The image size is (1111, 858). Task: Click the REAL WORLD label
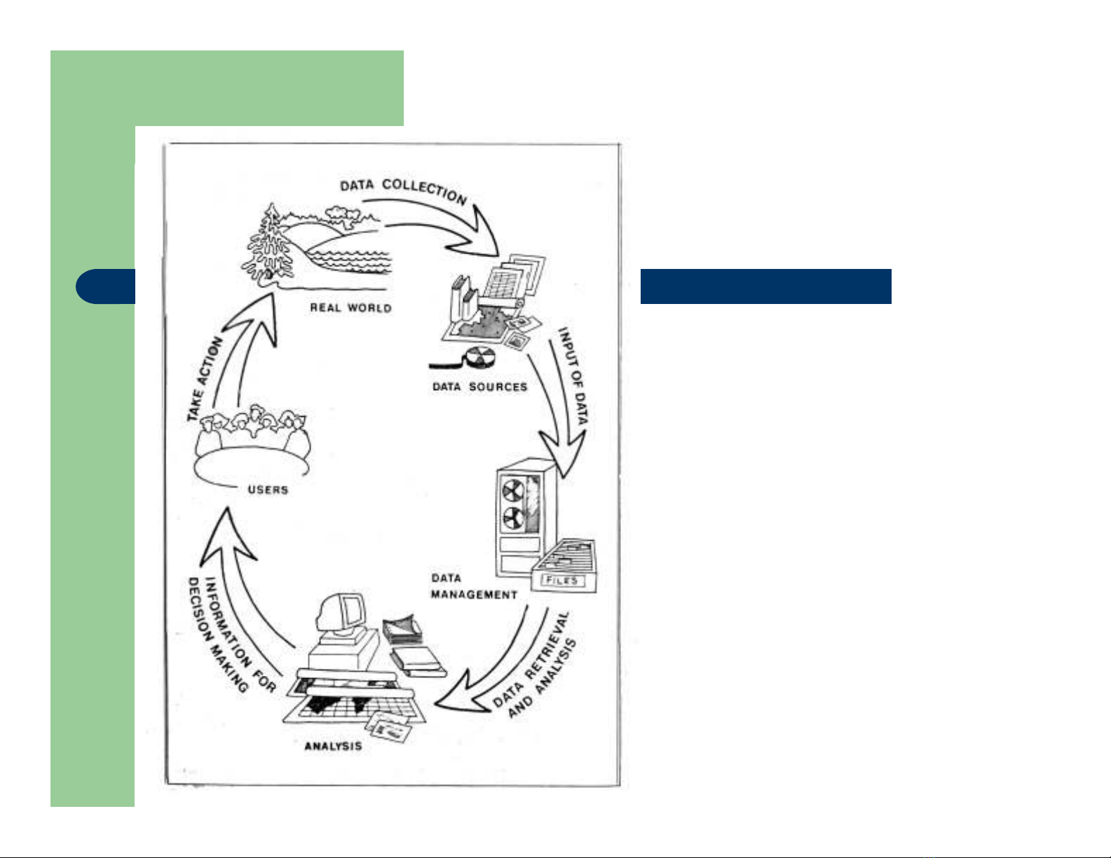[350, 307]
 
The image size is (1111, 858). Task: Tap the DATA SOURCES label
[479, 387]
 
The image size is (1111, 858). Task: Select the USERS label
[268, 490]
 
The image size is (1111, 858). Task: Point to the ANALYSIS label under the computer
[333, 746]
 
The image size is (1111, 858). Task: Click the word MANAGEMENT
[474, 595]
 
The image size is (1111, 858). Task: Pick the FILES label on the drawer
[562, 581]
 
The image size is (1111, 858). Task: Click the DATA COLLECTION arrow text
[403, 190]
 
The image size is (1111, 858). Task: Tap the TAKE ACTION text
[205, 378]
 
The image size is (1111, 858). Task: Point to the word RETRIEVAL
[547, 648]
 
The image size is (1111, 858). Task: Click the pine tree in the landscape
[270, 242]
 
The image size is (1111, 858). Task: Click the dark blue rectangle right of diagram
[765, 286]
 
